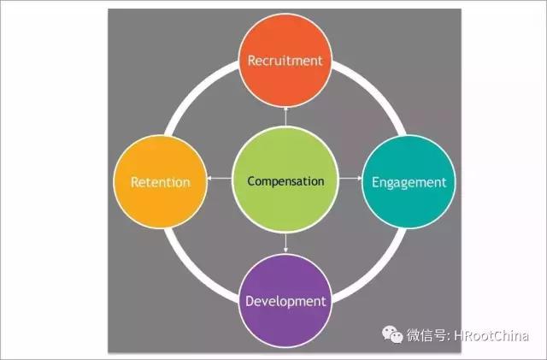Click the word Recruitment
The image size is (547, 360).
point(285,61)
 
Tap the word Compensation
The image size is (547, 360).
point(285,181)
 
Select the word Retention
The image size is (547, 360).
point(161,182)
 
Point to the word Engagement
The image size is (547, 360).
point(409,183)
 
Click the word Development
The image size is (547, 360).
point(285,301)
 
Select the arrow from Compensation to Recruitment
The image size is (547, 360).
point(285,116)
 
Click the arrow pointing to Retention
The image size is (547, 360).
point(220,179)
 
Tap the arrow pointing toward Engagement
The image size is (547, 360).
point(350,179)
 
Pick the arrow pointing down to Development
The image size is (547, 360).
point(285,243)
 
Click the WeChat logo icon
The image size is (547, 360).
point(392,334)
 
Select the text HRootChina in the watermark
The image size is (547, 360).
point(491,336)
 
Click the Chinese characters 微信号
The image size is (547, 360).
point(426,335)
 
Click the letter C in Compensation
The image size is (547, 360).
point(251,181)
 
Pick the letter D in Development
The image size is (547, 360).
point(250,301)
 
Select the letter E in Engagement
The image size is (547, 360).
point(375,182)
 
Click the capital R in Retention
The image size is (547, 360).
point(135,182)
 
